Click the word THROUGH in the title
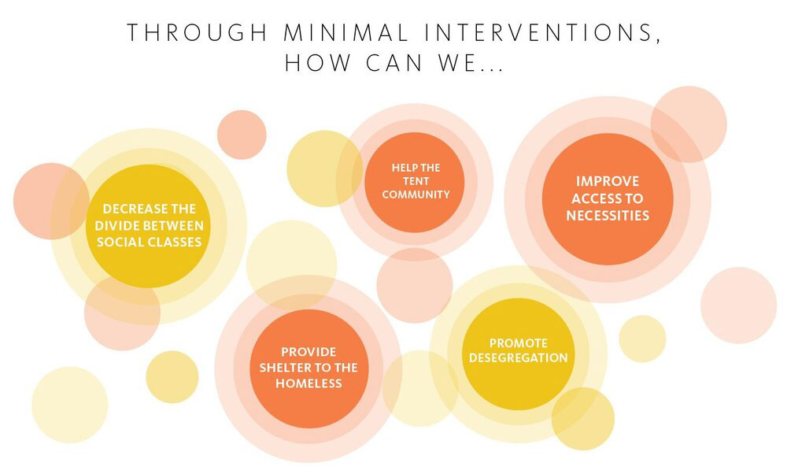[x=197, y=32]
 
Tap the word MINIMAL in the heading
[x=345, y=32]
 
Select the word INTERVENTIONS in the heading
[x=541, y=34]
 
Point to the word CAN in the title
[x=393, y=63]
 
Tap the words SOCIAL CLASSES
[x=149, y=242]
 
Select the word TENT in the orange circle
[x=416, y=181]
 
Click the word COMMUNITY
[x=416, y=194]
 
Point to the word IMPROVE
[x=608, y=181]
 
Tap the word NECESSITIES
[x=608, y=216]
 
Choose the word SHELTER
[x=288, y=368]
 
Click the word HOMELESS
[x=309, y=383]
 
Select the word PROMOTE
[x=519, y=343]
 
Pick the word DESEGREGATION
[x=519, y=358]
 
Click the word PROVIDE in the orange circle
[x=309, y=351]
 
